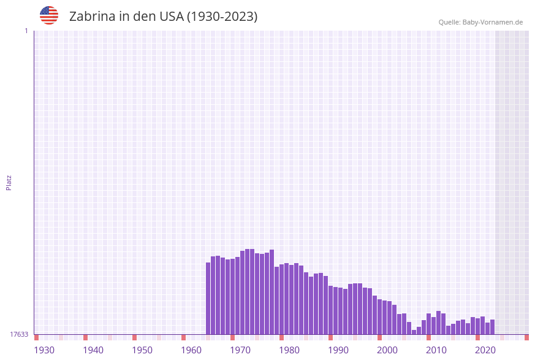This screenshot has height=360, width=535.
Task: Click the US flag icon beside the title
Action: (x=49, y=15)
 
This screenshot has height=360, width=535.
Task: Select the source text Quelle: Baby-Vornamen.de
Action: (x=480, y=22)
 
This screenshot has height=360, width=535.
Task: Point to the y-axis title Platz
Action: (x=9, y=182)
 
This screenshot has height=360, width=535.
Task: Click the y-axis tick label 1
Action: (x=26, y=31)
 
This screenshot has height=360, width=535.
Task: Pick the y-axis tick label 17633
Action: (x=19, y=334)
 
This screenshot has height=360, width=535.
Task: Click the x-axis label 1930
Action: (x=44, y=350)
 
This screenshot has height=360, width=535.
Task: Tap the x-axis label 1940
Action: (x=93, y=350)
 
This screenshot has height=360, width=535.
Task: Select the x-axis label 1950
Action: (x=142, y=350)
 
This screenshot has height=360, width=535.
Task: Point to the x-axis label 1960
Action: (x=191, y=350)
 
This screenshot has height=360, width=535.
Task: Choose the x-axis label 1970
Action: (x=240, y=350)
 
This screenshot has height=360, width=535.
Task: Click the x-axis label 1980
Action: (x=289, y=350)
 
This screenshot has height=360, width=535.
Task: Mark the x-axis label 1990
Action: (x=338, y=350)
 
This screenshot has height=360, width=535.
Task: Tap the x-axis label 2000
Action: (x=387, y=350)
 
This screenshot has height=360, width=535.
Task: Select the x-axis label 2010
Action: (x=436, y=350)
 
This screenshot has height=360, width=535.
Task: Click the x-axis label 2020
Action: (x=485, y=350)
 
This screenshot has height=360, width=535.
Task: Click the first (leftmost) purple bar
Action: (x=208, y=299)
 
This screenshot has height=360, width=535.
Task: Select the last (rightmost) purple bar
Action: (x=492, y=327)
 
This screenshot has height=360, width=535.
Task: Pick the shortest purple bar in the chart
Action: (x=414, y=332)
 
